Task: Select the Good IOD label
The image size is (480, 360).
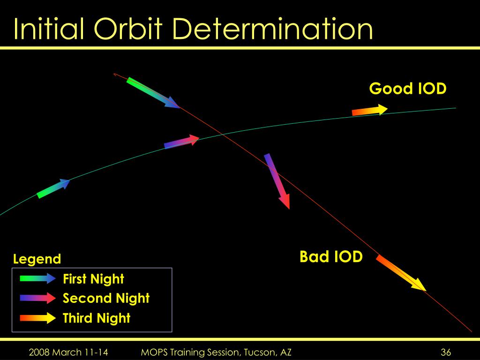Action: [x=408, y=89]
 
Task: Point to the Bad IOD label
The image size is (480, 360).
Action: [x=331, y=256]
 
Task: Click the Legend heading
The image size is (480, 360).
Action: [x=37, y=259]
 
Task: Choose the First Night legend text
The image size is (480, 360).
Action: [x=93, y=279]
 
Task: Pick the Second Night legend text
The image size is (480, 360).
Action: [x=106, y=298]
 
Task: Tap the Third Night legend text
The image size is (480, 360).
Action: [x=97, y=318]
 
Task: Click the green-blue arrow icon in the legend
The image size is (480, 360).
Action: [x=37, y=278]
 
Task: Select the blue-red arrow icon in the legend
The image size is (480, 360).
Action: [x=37, y=298]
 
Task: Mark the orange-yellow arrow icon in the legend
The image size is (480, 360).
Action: [x=37, y=318]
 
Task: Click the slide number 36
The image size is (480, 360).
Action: [x=446, y=352]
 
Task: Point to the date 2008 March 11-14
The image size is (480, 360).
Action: [x=68, y=352]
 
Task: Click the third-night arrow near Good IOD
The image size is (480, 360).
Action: [x=370, y=110]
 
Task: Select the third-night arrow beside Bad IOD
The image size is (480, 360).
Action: [x=401, y=273]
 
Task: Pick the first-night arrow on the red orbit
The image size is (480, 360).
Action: [x=153, y=93]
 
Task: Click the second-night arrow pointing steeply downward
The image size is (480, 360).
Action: [x=277, y=181]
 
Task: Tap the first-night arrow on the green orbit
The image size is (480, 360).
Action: [x=53, y=188]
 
